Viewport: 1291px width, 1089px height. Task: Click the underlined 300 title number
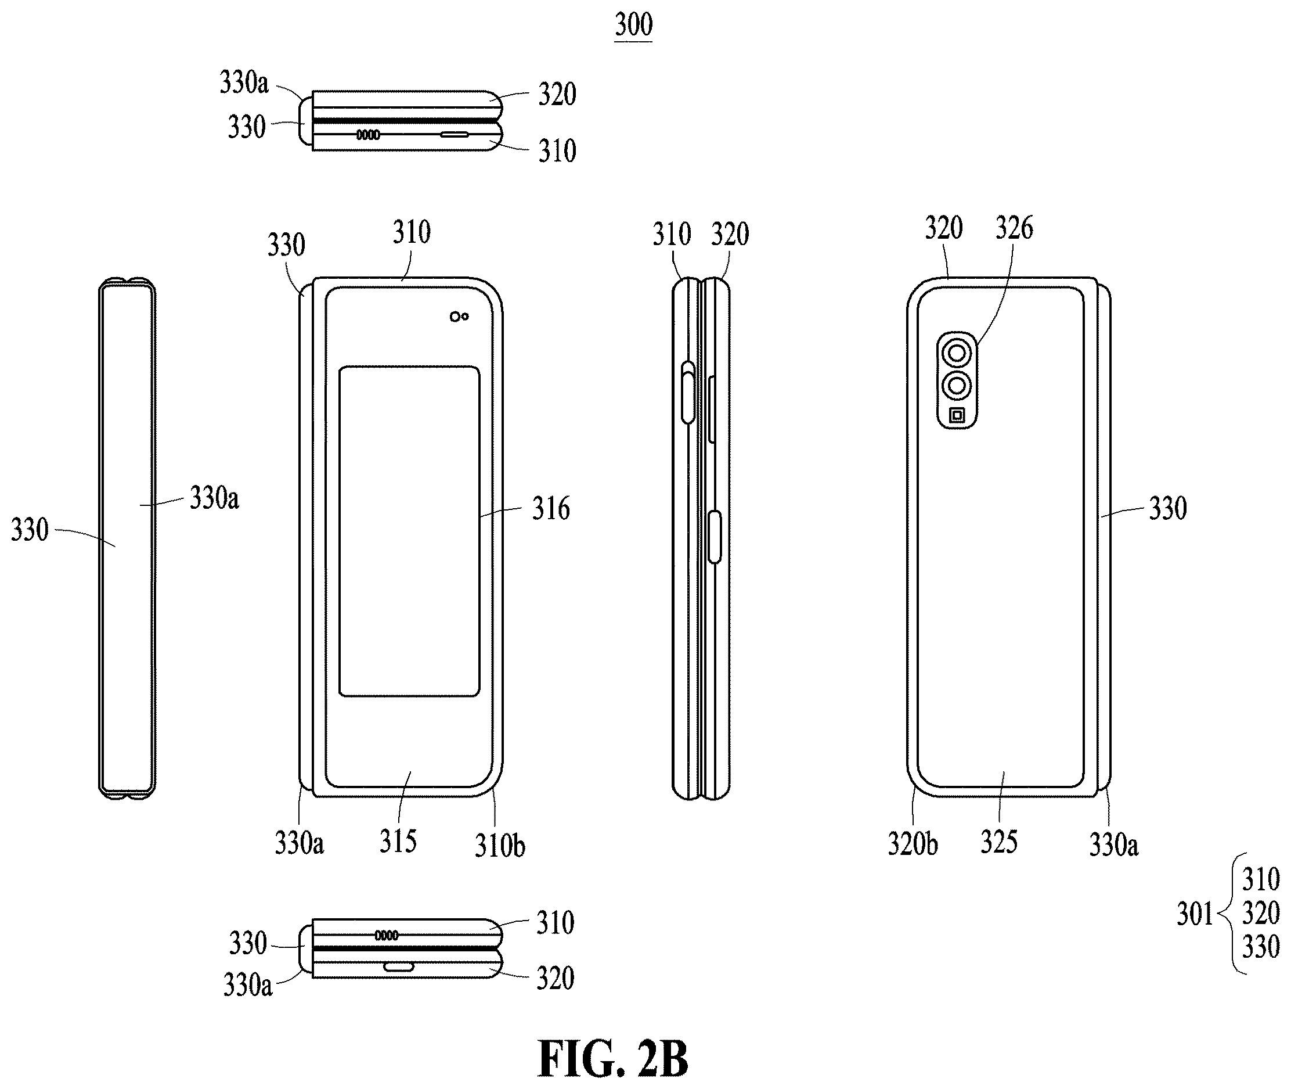pos(634,26)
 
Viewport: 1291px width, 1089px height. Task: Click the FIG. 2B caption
pos(613,1059)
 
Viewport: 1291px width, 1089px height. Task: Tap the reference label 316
pos(551,509)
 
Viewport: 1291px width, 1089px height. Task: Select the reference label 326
pos(1014,228)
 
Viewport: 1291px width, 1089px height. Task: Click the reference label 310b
pos(500,845)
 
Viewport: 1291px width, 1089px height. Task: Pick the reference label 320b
pos(913,844)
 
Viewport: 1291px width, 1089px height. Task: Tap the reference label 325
pos(999,842)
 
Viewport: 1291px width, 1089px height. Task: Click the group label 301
pos(1195,914)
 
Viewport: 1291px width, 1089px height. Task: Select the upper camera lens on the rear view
pos(957,354)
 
